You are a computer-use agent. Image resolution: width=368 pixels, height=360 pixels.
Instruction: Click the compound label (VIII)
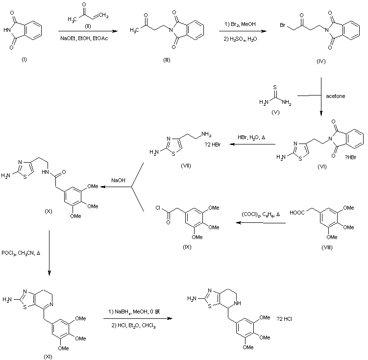(x=327, y=247)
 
